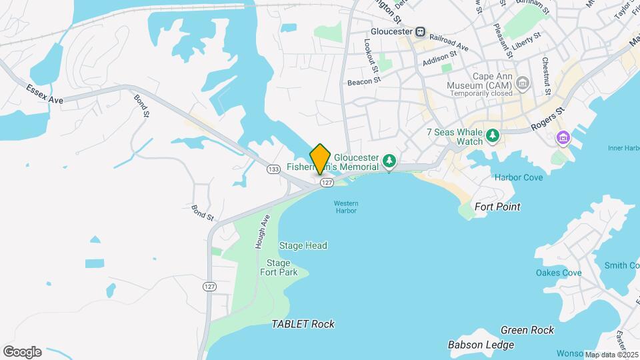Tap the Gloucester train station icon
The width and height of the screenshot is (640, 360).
click(420, 31)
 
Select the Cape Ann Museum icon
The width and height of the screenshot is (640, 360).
click(523, 83)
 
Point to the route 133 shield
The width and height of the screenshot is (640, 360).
click(273, 169)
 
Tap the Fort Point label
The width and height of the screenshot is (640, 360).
click(497, 207)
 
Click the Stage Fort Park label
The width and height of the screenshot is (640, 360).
click(278, 267)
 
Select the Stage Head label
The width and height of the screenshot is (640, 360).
click(303, 245)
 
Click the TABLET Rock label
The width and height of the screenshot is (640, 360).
click(303, 324)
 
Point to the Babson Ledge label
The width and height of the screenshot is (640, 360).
click(481, 345)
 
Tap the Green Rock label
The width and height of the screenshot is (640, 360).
click(527, 330)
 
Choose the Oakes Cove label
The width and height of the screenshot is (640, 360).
click(559, 273)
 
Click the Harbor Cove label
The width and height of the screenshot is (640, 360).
click(519, 177)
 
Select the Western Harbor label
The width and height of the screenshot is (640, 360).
click(346, 207)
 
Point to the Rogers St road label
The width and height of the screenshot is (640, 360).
click(547, 119)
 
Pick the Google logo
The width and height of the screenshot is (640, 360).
click(22, 351)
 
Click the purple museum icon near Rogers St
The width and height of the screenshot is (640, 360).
click(564, 137)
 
